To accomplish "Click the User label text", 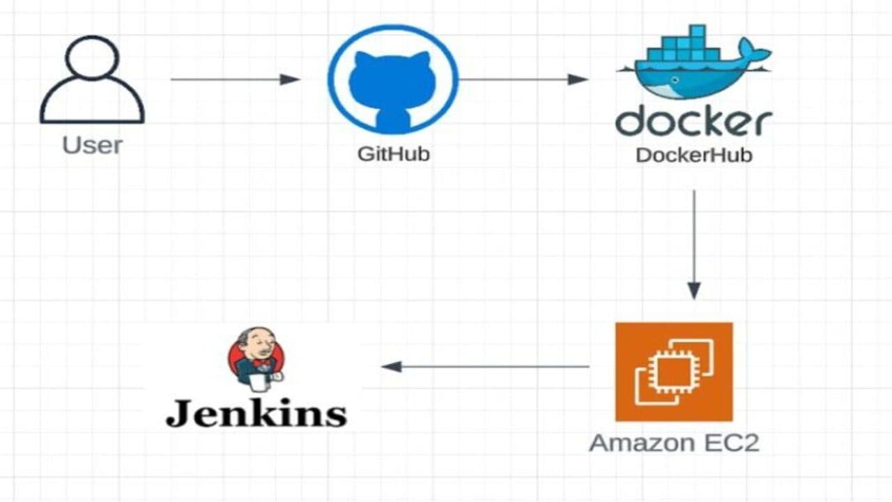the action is coord(93,145).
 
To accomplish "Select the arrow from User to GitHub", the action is coord(236,79).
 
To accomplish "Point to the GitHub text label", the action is coord(394,154).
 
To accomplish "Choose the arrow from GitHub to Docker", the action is coord(523,79).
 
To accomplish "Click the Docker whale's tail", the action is coord(754,50).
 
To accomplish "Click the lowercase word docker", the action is coord(693,121).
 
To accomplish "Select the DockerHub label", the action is coord(694,155).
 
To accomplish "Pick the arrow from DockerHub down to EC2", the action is coord(694,245).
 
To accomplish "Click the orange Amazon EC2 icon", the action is coord(674,372).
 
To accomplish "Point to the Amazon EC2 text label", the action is coord(674,443).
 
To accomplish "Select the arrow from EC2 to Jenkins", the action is coord(485,367).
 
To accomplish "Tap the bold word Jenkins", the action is coord(256,413).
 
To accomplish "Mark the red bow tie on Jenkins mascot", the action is coord(261,363).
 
